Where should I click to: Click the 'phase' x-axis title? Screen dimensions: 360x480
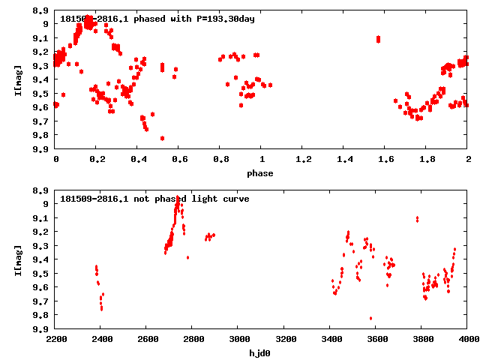coord(262,173)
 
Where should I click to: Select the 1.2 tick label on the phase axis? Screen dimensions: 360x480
coord(303,160)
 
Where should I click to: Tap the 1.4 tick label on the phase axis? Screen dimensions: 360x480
coord(344,160)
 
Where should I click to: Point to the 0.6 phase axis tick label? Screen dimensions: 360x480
coord(179,160)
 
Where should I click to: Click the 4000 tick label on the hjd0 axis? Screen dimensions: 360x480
coord(468,340)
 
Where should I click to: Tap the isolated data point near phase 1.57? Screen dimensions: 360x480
coord(379,39)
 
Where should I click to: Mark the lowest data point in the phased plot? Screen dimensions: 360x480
coord(162,138)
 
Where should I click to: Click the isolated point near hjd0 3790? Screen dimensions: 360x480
coord(417,219)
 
